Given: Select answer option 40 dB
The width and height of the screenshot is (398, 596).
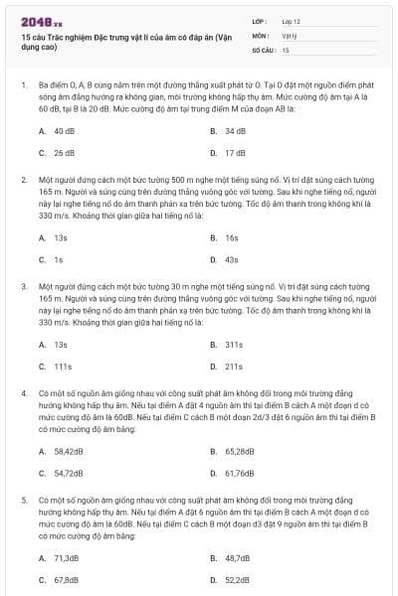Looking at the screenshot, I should [x=64, y=131].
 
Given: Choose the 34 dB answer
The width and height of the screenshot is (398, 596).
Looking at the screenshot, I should [x=235, y=131].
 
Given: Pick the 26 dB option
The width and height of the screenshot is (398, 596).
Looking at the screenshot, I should [x=64, y=153].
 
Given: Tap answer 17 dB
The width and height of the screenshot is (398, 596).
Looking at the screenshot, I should [x=235, y=153].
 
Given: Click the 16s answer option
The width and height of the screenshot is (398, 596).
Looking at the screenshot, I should [x=232, y=238].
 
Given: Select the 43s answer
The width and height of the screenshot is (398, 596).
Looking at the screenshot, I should [x=232, y=260].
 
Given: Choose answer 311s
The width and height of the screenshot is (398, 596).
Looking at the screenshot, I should [x=234, y=345].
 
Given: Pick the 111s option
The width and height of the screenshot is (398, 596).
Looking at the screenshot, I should [x=63, y=367].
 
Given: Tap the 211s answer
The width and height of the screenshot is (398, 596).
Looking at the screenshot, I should [x=234, y=367].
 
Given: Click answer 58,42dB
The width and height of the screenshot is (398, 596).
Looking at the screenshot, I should [x=68, y=451].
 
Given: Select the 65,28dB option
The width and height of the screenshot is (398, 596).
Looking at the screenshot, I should [x=240, y=451].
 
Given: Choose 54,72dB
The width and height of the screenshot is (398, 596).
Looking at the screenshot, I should [x=68, y=473].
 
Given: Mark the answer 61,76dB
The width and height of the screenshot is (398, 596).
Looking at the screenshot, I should [x=240, y=473].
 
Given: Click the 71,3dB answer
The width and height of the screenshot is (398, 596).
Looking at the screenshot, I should [x=66, y=558].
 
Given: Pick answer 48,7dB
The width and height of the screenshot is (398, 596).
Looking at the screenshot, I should [x=237, y=558].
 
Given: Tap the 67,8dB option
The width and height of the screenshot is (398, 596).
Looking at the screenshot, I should [x=66, y=580].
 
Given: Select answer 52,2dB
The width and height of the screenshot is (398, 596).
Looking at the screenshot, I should [x=237, y=580].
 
